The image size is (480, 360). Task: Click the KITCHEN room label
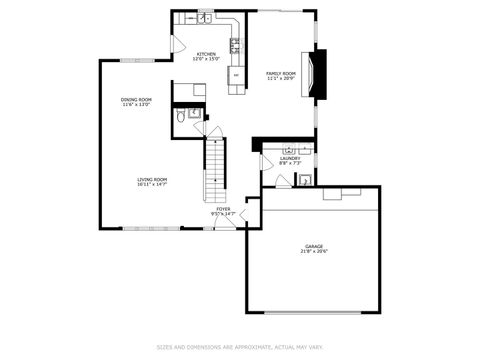click(206, 54)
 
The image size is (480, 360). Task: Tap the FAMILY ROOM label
click(281, 73)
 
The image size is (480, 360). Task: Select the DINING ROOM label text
click(136, 99)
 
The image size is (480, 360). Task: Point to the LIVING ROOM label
click(152, 179)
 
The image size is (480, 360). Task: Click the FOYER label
click(223, 209)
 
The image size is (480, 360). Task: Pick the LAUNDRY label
click(290, 158)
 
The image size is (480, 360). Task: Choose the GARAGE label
click(315, 246)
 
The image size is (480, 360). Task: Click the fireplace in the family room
click(319, 74)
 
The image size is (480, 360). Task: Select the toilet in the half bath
click(180, 117)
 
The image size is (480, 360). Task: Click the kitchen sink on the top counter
click(203, 18)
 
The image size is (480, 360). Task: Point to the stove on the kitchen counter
click(236, 45)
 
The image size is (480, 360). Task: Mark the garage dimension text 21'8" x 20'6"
click(315, 252)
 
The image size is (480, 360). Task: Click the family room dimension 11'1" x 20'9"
click(281, 79)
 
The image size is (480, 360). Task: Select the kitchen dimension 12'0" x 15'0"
click(206, 59)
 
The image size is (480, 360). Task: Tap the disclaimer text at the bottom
click(240, 347)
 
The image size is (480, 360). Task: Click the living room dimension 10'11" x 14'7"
click(152, 185)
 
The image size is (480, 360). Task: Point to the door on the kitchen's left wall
click(176, 45)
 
